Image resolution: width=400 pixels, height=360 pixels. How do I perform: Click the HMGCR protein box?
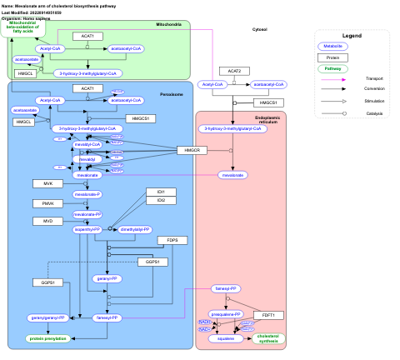(190, 150)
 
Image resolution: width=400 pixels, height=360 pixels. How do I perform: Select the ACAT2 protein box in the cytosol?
(234, 72)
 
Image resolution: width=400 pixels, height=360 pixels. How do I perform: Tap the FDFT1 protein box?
(268, 315)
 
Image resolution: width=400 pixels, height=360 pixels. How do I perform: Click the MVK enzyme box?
(47, 182)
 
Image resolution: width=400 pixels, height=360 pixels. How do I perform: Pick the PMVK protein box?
(47, 203)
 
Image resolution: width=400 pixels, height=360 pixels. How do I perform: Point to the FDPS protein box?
(172, 240)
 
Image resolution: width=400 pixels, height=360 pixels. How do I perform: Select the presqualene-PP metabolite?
(226, 314)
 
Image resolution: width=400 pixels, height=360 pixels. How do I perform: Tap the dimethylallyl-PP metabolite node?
(136, 228)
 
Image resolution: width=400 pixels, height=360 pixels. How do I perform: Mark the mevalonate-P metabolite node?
(87, 194)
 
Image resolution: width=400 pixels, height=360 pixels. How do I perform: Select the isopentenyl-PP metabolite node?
(87, 228)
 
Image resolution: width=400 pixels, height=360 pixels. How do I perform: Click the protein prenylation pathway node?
(47, 338)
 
